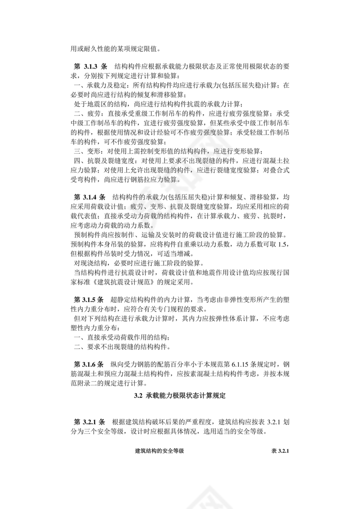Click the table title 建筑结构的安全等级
coord(160,451)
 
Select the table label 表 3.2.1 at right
coord(280,451)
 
